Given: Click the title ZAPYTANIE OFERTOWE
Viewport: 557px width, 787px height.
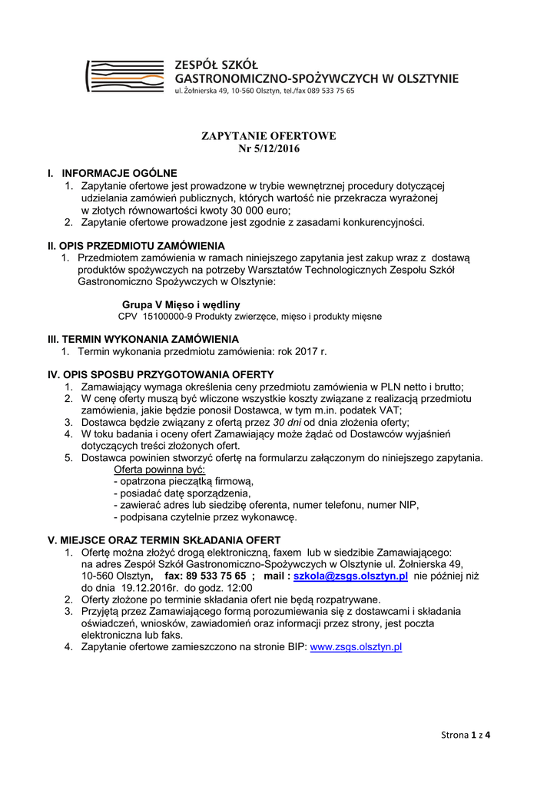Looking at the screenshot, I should [x=269, y=136].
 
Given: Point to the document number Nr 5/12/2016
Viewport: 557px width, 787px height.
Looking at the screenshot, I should [x=269, y=148].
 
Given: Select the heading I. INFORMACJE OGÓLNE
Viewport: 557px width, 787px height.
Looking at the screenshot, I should [x=112, y=174].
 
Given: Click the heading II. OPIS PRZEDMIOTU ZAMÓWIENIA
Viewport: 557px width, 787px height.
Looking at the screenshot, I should [x=136, y=246].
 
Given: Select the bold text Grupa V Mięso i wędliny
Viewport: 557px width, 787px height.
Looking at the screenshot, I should [x=181, y=305].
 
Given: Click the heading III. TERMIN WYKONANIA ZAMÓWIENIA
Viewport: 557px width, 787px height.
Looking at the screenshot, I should [x=143, y=339].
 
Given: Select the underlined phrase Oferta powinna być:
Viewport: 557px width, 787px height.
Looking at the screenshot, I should [x=159, y=469].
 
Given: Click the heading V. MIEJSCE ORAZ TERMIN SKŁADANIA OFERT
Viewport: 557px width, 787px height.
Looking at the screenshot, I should [x=164, y=540].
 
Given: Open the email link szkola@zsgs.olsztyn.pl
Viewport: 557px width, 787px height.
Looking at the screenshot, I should [x=350, y=576].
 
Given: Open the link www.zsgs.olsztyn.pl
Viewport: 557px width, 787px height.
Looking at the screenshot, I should [x=356, y=647].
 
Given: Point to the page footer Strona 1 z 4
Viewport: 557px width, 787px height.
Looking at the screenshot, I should [x=466, y=735].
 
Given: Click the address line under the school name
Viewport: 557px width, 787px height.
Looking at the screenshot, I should [x=265, y=91].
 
